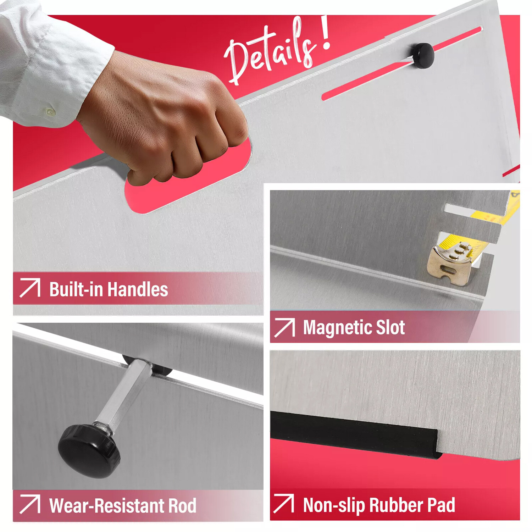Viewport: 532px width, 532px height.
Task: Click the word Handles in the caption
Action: [x=138, y=289]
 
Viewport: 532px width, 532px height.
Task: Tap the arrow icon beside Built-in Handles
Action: [x=30, y=288]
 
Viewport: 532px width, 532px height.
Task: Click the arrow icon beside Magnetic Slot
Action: [x=284, y=327]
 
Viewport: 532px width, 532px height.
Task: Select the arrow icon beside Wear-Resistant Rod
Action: [x=30, y=504]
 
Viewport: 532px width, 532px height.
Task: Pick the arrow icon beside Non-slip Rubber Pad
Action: [x=284, y=503]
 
